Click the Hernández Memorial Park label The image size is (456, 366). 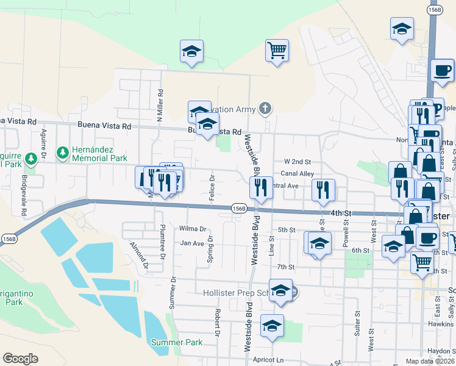click(x=100, y=154)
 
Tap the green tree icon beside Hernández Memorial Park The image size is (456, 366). click(x=62, y=151)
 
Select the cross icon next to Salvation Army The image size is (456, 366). click(x=264, y=109)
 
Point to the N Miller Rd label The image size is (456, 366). click(x=160, y=105)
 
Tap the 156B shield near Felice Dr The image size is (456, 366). click(x=239, y=209)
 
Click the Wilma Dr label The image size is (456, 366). click(x=193, y=229)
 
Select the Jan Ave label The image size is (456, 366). click(x=191, y=243)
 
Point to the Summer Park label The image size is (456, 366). click(x=177, y=342)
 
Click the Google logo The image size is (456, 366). click(x=20, y=359)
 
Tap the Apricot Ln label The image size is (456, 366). click(x=271, y=361)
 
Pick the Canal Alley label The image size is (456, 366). click(x=297, y=174)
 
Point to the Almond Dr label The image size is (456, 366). click(x=139, y=255)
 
